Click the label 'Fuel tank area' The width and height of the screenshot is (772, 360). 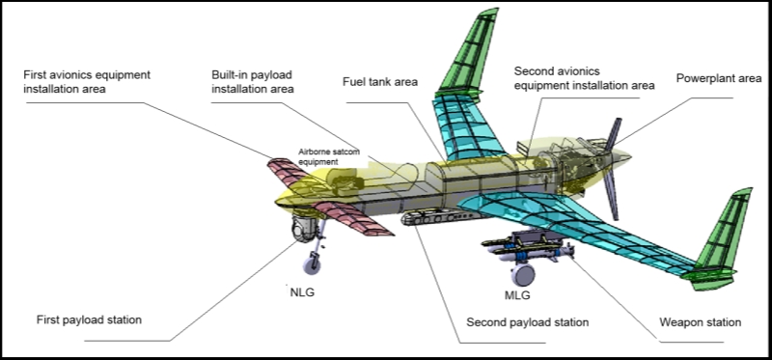[380, 82]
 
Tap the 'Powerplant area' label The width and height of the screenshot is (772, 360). [719, 78]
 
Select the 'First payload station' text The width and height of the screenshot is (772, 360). [89, 319]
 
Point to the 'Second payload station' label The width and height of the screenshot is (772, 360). [527, 322]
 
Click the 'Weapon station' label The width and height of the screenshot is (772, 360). [701, 322]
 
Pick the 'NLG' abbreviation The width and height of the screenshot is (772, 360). [302, 292]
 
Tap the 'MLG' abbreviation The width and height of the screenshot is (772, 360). [517, 295]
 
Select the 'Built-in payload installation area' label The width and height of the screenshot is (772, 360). [253, 82]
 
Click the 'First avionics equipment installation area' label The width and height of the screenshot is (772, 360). [87, 82]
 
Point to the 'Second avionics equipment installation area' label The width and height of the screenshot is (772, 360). [585, 78]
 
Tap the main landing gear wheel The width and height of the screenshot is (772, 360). [523, 274]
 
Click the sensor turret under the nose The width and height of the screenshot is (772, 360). [301, 229]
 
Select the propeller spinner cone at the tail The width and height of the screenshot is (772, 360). [620, 157]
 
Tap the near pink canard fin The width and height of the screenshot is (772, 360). [353, 218]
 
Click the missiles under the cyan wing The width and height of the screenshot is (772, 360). [527, 247]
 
